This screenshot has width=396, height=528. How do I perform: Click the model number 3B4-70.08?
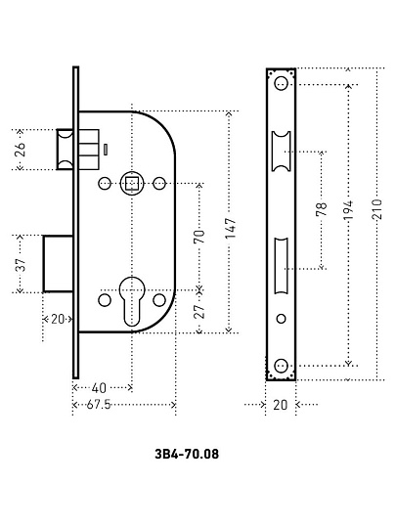coord(187,454)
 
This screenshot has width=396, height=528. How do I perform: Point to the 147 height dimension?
coord(231,228)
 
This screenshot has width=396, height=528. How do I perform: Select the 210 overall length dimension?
coord(377,209)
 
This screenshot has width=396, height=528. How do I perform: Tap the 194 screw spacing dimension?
coord(349,210)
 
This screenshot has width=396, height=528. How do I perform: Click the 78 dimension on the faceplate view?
coord(322,209)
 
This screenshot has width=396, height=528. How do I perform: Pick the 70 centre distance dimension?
coord(199,237)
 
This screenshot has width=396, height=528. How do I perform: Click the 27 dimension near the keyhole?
coord(199,312)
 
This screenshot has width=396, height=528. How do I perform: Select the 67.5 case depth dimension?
coord(99,405)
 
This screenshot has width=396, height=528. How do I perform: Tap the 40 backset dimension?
coord(99,388)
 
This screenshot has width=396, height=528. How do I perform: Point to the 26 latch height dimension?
coord(21,150)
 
